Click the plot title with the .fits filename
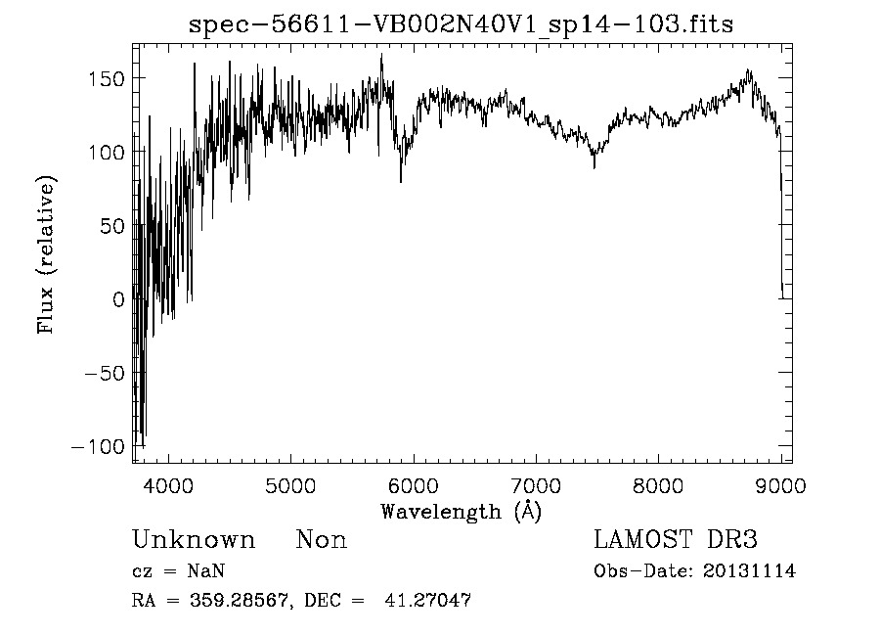pos(461,23)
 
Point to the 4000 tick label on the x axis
pos(169,485)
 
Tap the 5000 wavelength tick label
pos(291,485)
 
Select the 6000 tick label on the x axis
pos(414,485)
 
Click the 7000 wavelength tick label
pos(536,485)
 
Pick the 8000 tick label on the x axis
pos(658,485)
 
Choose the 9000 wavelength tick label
pos(779,485)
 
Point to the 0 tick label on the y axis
pos(117,299)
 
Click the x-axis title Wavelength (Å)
pos(461,511)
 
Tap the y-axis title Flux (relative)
pos(47,255)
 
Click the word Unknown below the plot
pos(194,540)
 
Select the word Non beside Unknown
pos(322,540)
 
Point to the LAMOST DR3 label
pos(675,540)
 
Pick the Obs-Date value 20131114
pos(749,571)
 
